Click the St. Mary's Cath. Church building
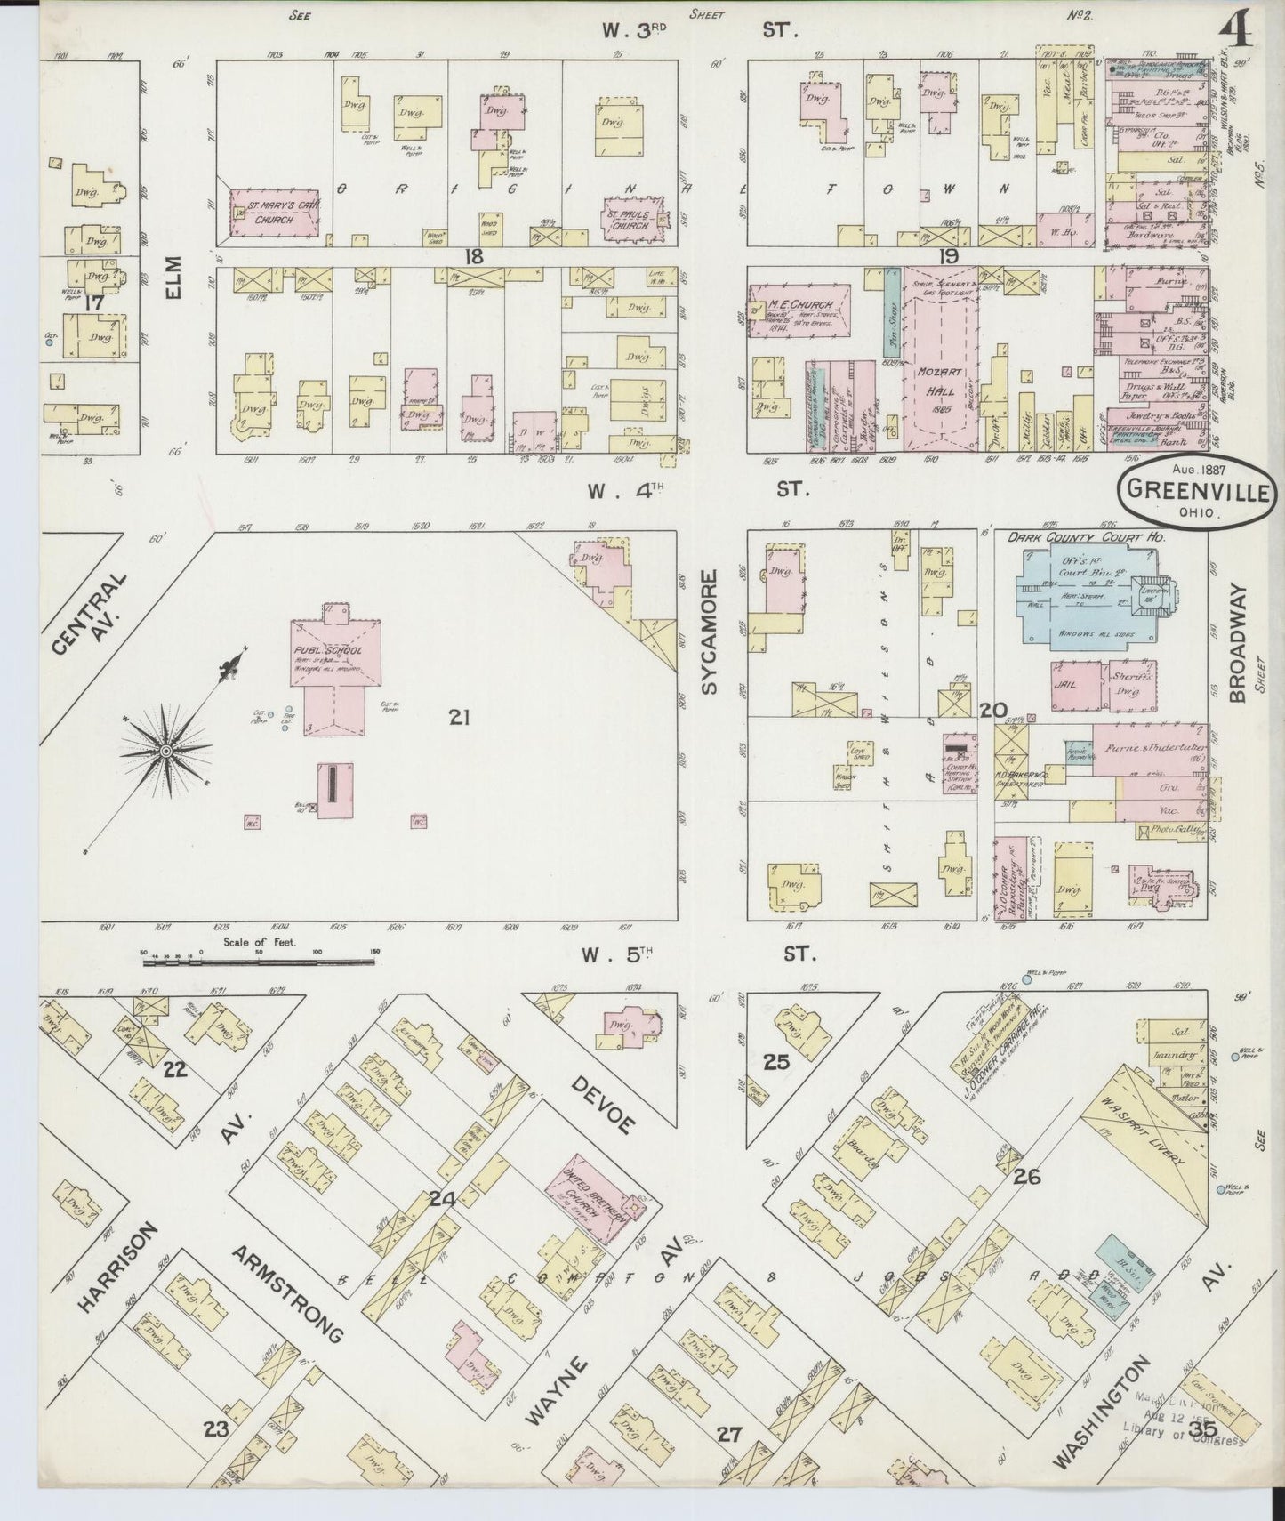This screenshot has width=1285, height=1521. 276,213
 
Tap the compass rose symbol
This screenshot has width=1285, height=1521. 166,752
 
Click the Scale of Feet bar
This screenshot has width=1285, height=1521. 258,961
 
